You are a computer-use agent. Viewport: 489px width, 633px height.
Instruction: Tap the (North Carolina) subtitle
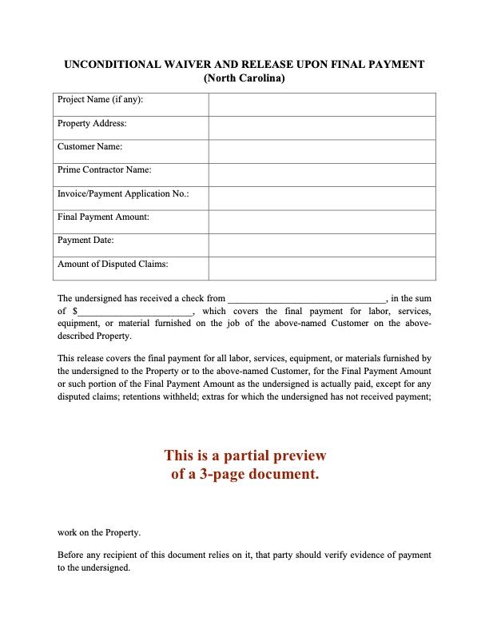245,78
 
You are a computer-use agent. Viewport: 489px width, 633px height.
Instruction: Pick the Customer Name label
89,146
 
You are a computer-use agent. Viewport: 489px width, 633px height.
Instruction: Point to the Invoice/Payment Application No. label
123,193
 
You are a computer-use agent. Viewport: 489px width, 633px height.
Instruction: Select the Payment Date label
85,240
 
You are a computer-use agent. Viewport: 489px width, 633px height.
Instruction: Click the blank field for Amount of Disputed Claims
322,269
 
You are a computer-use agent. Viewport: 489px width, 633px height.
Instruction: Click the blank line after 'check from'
306,299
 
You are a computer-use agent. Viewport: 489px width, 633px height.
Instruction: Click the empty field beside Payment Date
322,245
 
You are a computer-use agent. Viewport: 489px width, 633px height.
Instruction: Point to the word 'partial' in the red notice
240,456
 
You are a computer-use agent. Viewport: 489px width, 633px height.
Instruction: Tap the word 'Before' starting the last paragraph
71,555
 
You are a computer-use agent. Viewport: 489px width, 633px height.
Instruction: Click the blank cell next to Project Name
322,105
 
